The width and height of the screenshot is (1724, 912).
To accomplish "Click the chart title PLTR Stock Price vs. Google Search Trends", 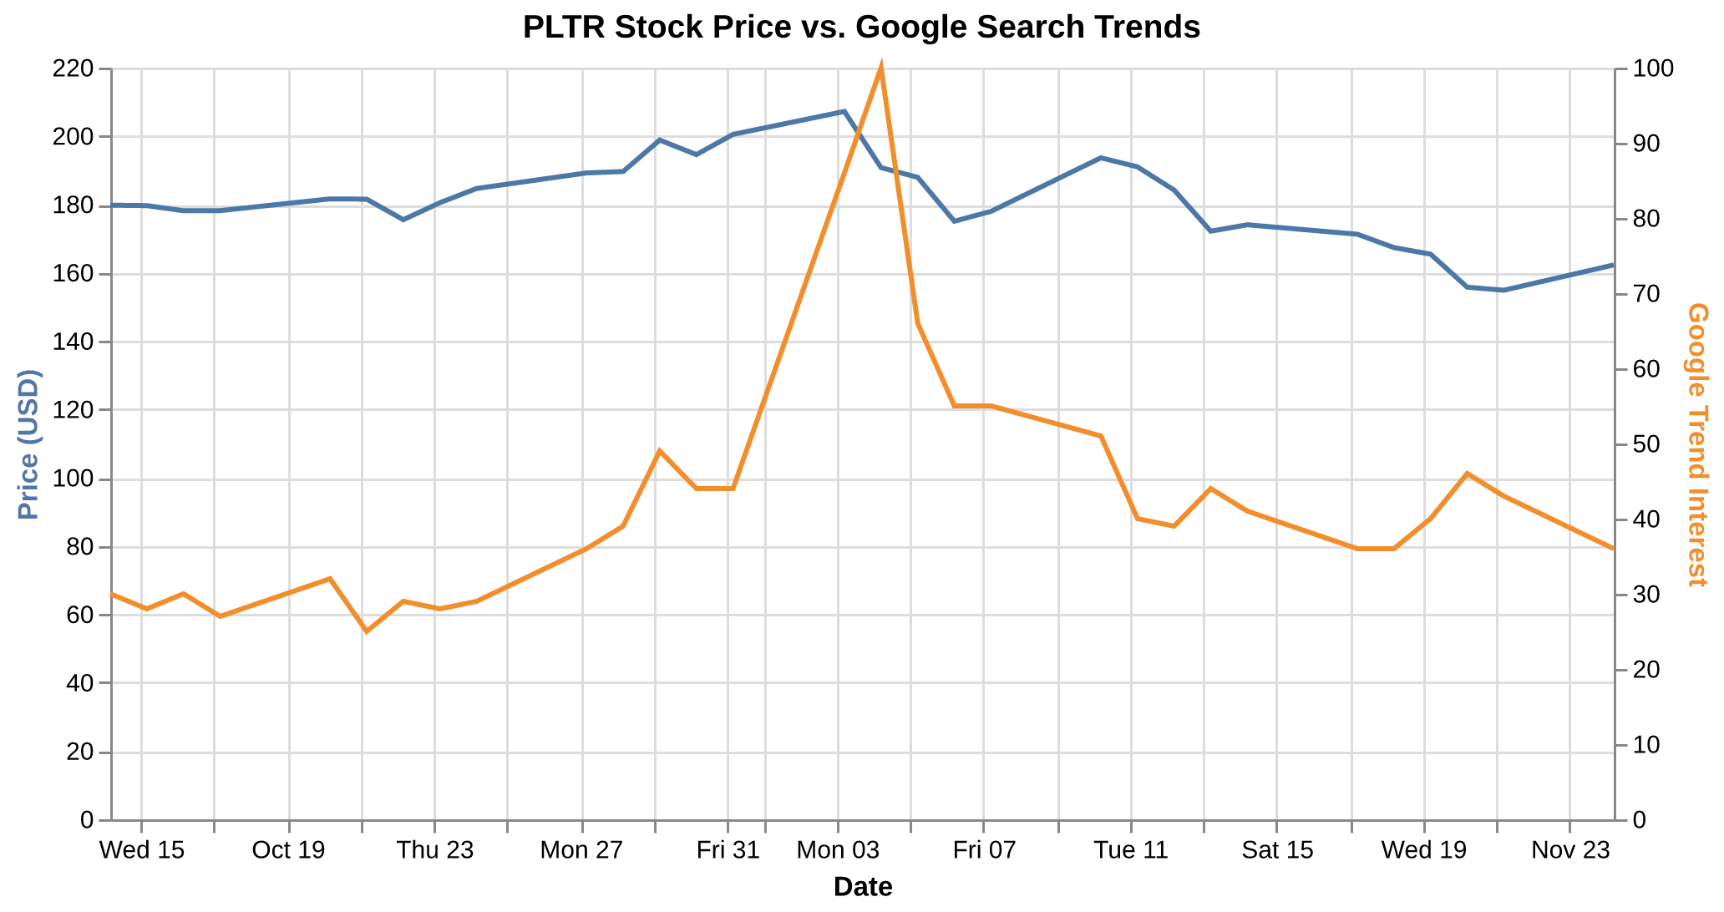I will coord(861,28).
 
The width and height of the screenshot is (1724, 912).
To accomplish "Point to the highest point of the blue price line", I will coord(844,111).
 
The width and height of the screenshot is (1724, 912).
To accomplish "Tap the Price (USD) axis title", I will coord(28,443).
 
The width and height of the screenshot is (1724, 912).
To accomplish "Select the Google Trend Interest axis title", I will coord(1697,443).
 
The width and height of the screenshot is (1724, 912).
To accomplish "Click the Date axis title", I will coord(863,887).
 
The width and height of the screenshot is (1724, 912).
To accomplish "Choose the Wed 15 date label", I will coord(141,851).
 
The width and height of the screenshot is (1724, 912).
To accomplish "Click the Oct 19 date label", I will coord(288,851).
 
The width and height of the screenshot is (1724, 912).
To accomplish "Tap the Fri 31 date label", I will coord(728,851).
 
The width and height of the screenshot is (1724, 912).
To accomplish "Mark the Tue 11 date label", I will coord(1131,851).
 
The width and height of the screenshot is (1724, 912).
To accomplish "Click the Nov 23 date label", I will coord(1570,851).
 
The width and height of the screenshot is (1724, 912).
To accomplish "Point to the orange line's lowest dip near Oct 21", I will coord(366,631).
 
